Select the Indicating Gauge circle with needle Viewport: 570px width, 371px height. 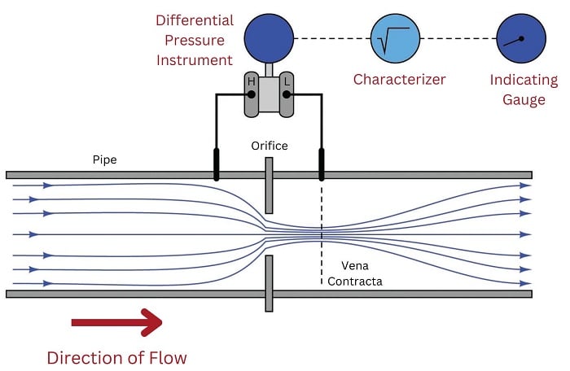point(521,38)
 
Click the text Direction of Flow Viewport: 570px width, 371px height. point(116,357)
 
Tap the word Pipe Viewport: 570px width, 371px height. point(105,160)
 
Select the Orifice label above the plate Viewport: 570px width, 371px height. point(269,146)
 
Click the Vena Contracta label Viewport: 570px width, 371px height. point(354,274)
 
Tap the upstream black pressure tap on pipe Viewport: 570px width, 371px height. point(217,164)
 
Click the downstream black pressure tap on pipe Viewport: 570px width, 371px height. point(322,164)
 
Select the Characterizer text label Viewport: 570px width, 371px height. point(399,80)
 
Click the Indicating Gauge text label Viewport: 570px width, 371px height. point(524,89)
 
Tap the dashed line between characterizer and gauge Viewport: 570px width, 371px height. point(458,38)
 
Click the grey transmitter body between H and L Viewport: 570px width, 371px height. point(269,94)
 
